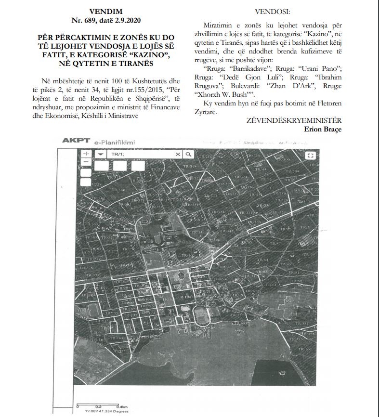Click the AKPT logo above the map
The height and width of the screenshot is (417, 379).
pos(76,141)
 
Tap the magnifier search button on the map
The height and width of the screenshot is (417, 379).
pos(188,154)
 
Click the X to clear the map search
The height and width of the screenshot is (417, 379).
pos(178,154)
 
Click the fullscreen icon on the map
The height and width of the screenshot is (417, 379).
pos(311,155)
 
